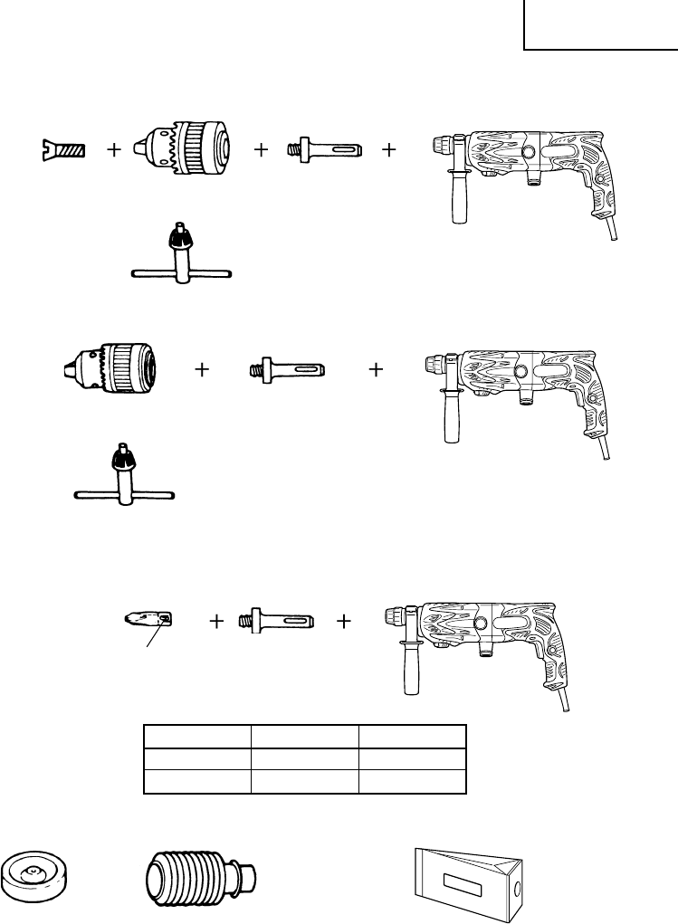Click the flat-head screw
(62, 149)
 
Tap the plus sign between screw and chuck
(113, 152)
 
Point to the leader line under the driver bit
(151, 636)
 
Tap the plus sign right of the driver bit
(216, 623)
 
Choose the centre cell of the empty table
(304, 758)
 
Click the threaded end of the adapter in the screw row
(293, 148)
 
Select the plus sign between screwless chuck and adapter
(202, 369)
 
